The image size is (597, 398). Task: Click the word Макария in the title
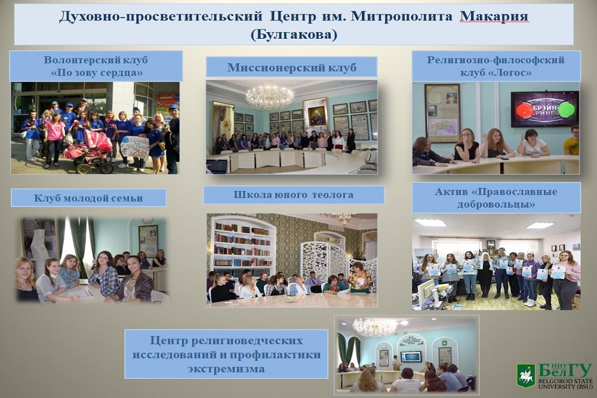[494, 17]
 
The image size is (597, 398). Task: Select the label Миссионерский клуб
[292, 67]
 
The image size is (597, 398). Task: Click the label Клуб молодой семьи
[88, 198]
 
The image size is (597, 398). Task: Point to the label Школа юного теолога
[294, 195]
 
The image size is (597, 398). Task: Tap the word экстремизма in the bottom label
[226, 369]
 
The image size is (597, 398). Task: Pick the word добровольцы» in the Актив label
[496, 204]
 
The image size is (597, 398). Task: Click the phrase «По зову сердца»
[96, 72]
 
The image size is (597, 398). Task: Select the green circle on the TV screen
[566, 109]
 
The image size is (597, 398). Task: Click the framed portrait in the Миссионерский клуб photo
[316, 113]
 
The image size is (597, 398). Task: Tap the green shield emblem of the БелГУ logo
[526, 377]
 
